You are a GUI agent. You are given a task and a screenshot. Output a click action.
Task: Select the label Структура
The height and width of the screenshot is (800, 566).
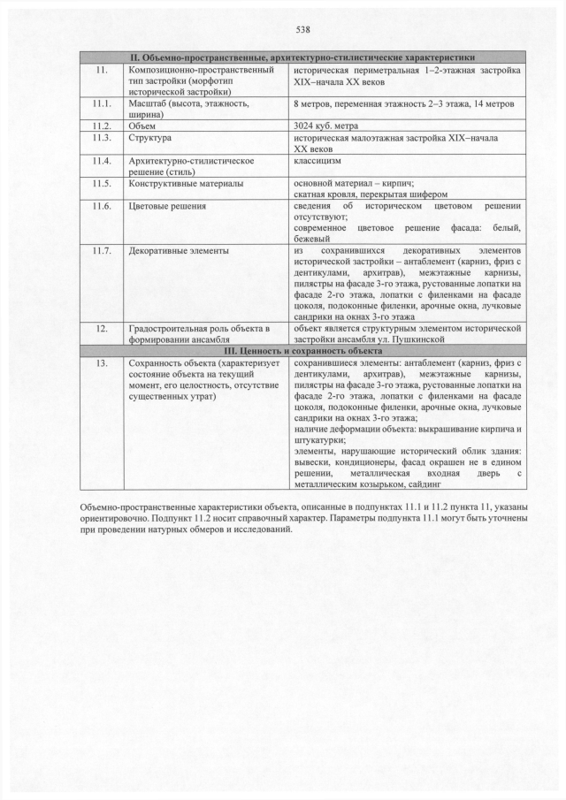(150, 139)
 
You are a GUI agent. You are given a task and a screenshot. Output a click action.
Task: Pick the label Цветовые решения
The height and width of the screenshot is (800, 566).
(167, 206)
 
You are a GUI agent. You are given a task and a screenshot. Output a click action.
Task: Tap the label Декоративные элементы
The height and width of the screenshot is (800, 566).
(178, 251)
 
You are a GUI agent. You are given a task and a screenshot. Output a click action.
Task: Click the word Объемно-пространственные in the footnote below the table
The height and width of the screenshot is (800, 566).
(141, 507)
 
